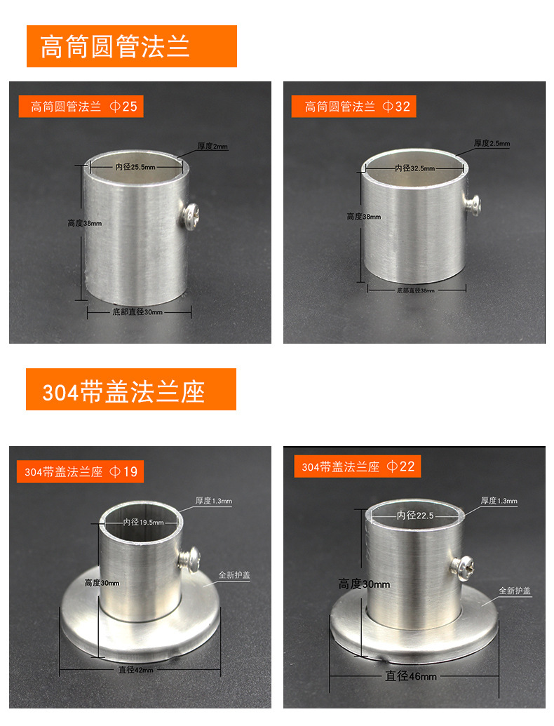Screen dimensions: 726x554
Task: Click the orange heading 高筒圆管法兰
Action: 131,46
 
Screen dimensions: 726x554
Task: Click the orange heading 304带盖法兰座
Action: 130,390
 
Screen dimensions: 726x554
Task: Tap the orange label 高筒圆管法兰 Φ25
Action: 83,107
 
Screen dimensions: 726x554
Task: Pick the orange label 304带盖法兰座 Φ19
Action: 81,471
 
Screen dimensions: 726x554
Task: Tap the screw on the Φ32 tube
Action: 472,203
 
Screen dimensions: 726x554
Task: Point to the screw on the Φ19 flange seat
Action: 189,558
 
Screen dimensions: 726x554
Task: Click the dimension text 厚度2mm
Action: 212,147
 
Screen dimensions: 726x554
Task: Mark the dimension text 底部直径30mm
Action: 137,311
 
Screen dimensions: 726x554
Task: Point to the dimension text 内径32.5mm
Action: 414,168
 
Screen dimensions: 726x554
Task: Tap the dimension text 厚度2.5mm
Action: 492,143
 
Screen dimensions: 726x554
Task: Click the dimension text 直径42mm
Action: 135,670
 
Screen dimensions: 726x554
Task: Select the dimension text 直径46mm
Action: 410,676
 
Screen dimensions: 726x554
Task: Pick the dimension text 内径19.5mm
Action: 143,522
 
